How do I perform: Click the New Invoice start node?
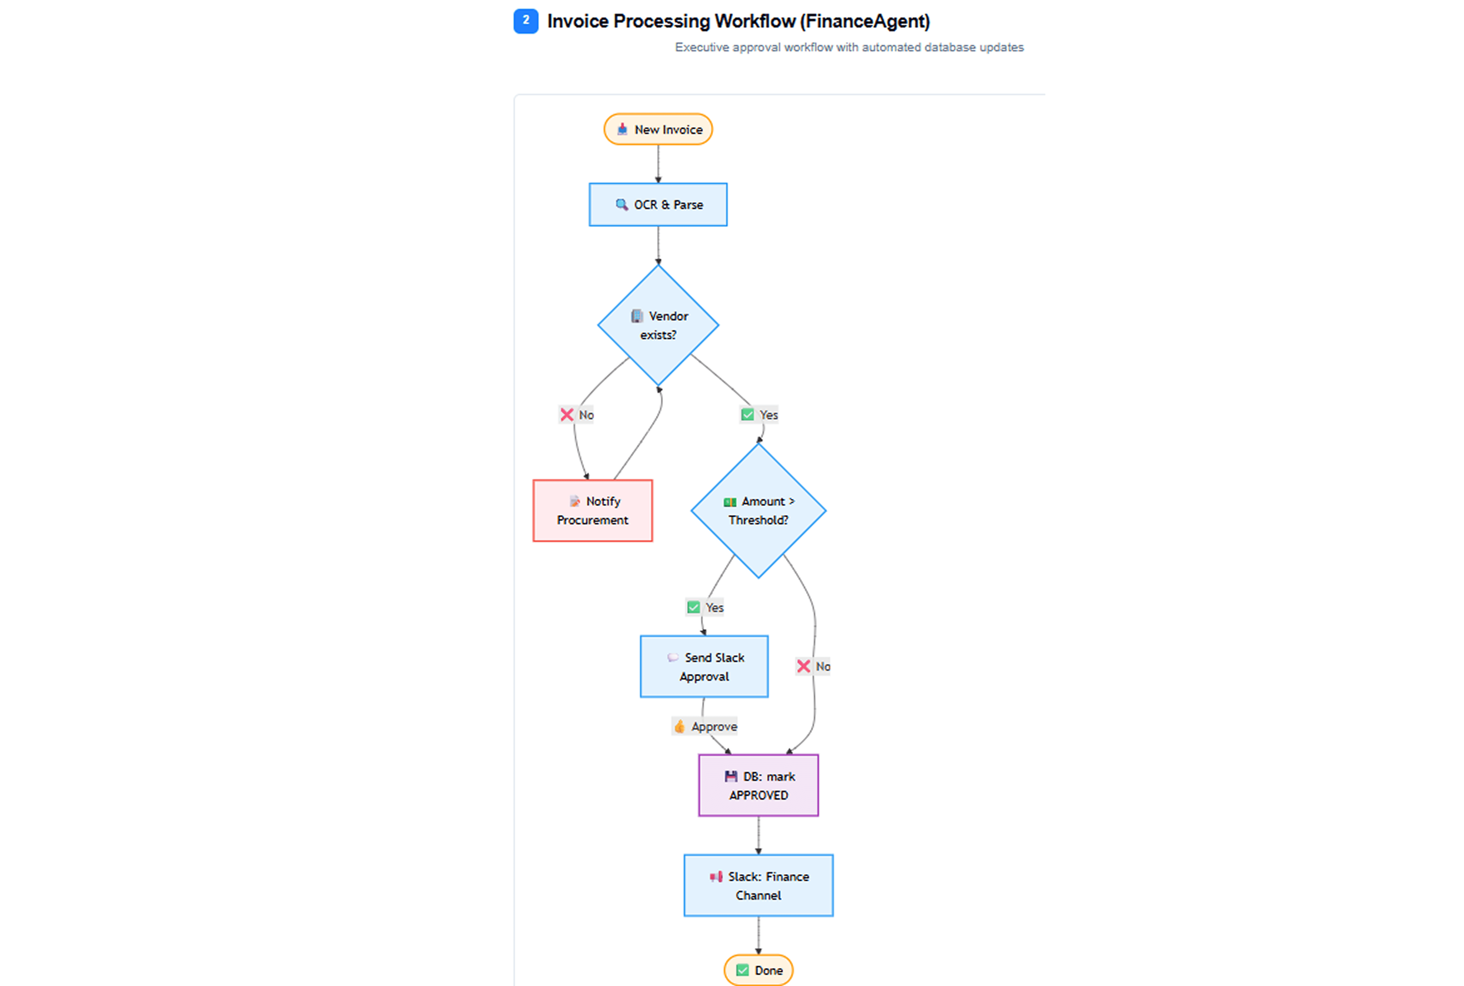(x=658, y=129)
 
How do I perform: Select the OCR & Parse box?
(x=658, y=204)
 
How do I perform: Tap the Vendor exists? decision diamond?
(x=658, y=325)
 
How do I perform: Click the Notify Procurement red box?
(x=592, y=511)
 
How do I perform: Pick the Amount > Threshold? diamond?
(x=758, y=511)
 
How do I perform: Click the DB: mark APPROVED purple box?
(x=758, y=785)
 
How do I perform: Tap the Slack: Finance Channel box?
(x=758, y=885)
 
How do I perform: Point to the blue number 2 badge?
(x=526, y=21)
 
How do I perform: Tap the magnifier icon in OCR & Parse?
(x=621, y=204)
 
